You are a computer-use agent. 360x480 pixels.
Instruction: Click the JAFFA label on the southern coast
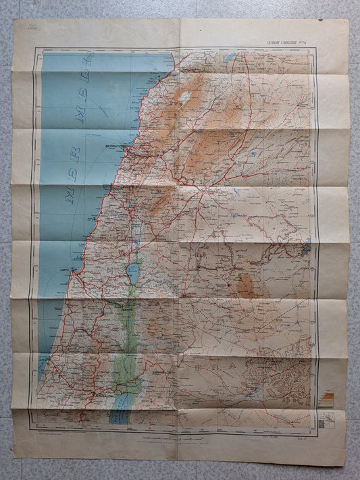(x=45, y=362)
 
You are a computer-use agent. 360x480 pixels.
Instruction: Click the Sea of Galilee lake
(x=133, y=272)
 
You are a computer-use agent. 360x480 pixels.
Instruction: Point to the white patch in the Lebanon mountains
(x=185, y=96)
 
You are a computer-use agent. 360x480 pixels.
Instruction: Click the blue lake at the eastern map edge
(x=307, y=247)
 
